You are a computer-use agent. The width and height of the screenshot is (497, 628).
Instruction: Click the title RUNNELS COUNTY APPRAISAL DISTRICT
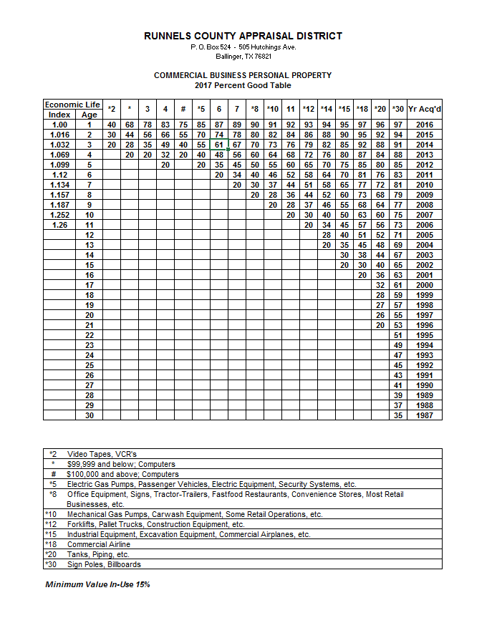pyautogui.click(x=243, y=36)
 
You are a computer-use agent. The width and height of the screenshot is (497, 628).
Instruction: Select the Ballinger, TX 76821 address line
pyautogui.click(x=243, y=56)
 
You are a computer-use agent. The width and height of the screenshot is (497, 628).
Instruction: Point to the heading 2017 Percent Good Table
pyautogui.click(x=243, y=85)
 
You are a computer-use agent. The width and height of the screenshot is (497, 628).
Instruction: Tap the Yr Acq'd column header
pyautogui.click(x=425, y=110)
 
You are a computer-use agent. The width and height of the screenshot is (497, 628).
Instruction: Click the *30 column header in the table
pyautogui.click(x=398, y=110)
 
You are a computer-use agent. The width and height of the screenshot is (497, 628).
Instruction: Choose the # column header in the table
pyautogui.click(x=183, y=110)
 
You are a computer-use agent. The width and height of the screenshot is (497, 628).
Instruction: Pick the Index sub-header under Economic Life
pyautogui.click(x=59, y=115)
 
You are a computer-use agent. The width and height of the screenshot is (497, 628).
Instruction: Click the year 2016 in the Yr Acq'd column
pyautogui.click(x=425, y=125)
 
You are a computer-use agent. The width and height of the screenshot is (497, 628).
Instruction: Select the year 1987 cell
pyautogui.click(x=425, y=415)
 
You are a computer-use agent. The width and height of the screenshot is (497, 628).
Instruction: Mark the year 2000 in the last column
pyautogui.click(x=425, y=285)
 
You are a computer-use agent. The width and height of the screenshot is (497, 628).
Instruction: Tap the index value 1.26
pyautogui.click(x=59, y=225)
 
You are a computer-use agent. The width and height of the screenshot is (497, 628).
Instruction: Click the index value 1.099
pyautogui.click(x=59, y=165)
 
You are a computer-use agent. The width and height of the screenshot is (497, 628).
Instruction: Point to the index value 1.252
pyautogui.click(x=59, y=215)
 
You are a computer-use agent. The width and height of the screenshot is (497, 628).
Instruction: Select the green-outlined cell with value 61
pyautogui.click(x=219, y=145)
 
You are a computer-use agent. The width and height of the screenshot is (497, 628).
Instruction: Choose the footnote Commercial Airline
pyautogui.click(x=100, y=544)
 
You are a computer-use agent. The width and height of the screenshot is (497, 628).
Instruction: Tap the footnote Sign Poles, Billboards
pyautogui.click(x=104, y=564)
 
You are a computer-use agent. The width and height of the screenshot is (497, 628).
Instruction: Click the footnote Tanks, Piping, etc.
pyautogui.click(x=98, y=554)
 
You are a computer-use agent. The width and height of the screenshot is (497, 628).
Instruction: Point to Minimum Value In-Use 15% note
pyautogui.click(x=97, y=585)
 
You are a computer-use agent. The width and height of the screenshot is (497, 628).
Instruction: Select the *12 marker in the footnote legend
pyautogui.click(x=51, y=524)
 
